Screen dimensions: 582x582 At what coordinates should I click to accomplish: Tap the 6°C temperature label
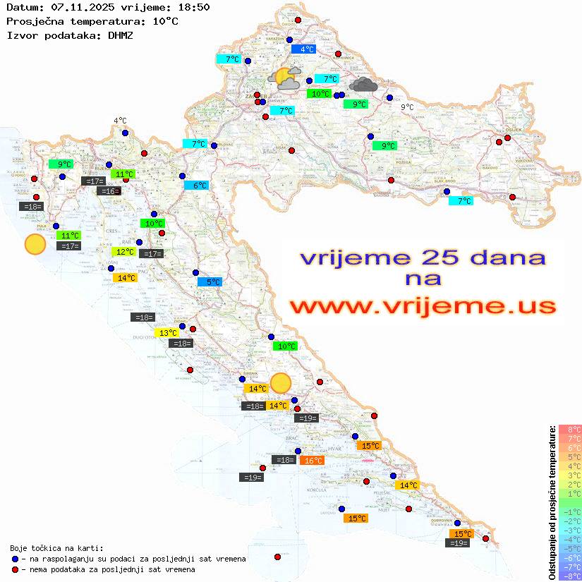(x=200, y=186)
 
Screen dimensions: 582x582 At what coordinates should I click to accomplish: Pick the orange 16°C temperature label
(x=312, y=461)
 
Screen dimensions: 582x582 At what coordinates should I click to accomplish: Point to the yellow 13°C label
(x=167, y=333)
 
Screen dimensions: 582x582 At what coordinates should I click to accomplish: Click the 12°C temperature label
(x=124, y=252)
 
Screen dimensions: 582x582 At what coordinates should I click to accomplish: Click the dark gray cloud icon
(x=363, y=85)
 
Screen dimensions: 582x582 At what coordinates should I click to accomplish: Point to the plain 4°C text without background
(x=120, y=121)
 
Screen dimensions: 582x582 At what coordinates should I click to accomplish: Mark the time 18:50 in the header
(x=193, y=7)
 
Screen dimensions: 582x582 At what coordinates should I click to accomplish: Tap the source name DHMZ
(x=121, y=35)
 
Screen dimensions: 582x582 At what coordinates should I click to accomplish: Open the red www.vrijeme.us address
(x=423, y=306)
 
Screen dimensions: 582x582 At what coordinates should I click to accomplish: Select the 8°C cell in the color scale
(x=570, y=429)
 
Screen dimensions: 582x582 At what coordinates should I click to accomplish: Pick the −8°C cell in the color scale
(x=570, y=576)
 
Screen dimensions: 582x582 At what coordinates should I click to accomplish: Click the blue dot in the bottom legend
(x=15, y=559)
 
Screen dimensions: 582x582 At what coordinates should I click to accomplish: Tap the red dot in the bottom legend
(x=15, y=569)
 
